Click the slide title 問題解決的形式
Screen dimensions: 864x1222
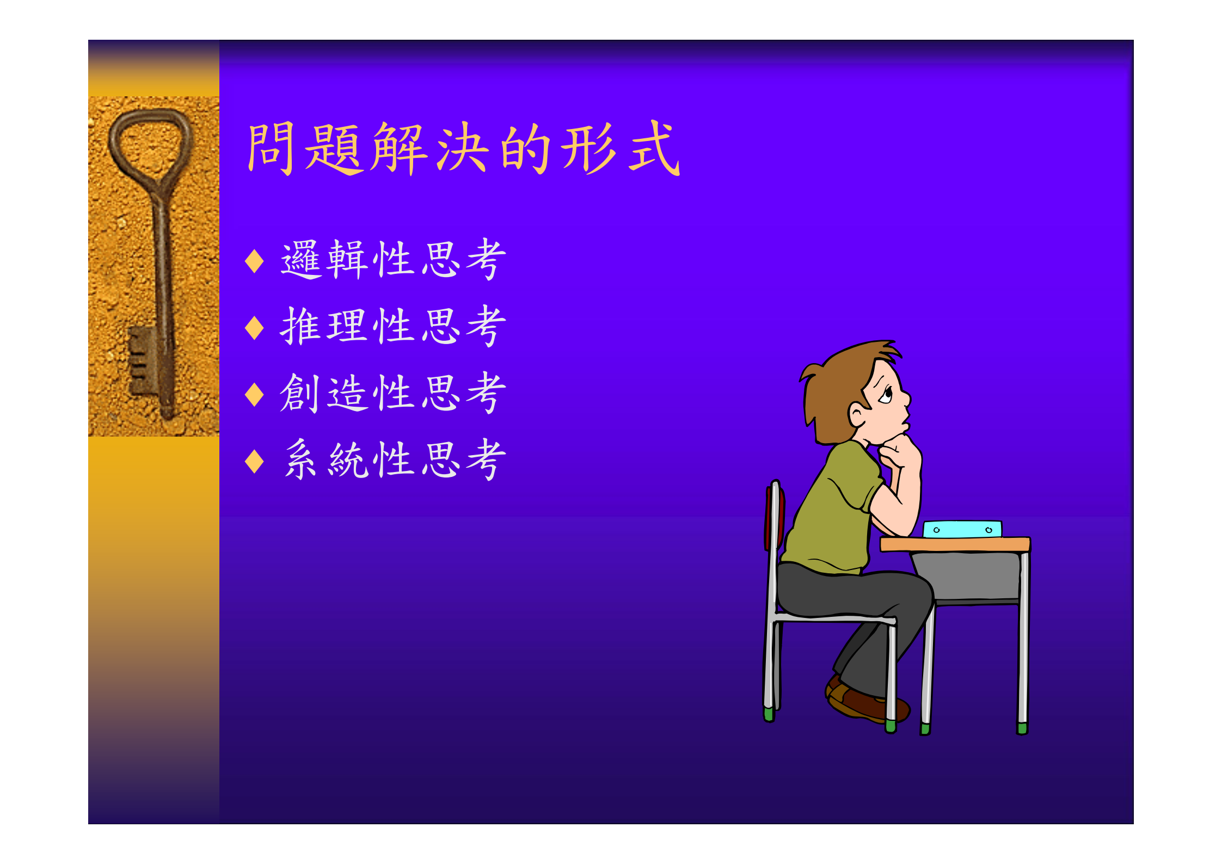pyautogui.click(x=463, y=149)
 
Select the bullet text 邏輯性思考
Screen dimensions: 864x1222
pyautogui.click(x=393, y=260)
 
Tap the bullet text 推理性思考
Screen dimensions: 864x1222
pyautogui.click(x=393, y=327)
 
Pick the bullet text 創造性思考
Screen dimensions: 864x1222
pyautogui.click(x=393, y=393)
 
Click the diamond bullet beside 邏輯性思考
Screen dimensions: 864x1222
pyautogui.click(x=254, y=261)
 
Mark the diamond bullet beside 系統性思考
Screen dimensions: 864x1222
pyautogui.click(x=254, y=461)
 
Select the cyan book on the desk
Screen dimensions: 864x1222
pyautogui.click(x=962, y=529)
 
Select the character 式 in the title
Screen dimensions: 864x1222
pyautogui.click(x=654, y=148)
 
